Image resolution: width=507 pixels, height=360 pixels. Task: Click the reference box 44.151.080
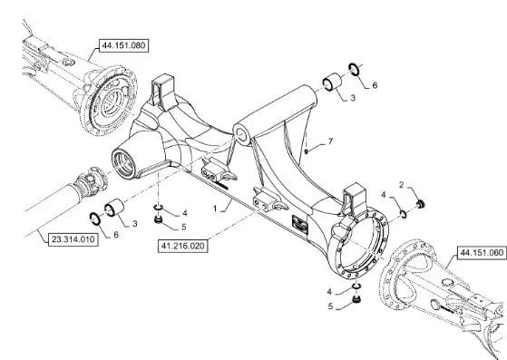[x=123, y=45]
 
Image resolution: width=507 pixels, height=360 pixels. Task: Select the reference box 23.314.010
[x=73, y=239]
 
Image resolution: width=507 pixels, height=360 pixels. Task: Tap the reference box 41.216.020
[x=182, y=247]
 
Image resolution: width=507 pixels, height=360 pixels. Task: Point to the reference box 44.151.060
[x=482, y=252]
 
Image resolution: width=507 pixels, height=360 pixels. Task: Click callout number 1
[x=215, y=209]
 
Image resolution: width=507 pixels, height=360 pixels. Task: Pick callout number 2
[x=402, y=185]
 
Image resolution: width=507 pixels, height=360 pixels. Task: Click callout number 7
[x=330, y=141]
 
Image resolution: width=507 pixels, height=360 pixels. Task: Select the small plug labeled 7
[x=307, y=151]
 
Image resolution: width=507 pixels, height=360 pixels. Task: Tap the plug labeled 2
[x=421, y=204]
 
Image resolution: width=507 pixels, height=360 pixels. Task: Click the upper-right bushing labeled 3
[x=332, y=83]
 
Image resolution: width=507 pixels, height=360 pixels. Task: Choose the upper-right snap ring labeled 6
[x=354, y=70]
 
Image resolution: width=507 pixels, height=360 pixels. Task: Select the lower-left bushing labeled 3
[x=114, y=209]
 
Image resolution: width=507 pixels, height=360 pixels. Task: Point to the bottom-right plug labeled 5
[x=356, y=299]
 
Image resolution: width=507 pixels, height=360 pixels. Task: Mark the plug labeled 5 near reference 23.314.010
[x=158, y=220]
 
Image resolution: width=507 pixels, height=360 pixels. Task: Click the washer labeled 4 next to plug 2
[x=404, y=213]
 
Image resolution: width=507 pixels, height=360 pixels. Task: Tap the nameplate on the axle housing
[x=299, y=223]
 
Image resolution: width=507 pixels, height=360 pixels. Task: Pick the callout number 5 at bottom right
[x=330, y=306]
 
